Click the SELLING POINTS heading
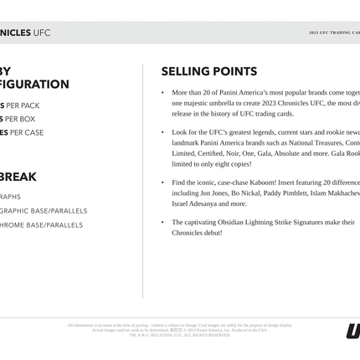tap(208, 72)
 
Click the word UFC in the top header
tap(42, 33)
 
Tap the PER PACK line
tap(21, 106)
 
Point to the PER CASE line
tap(23, 133)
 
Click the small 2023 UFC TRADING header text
tap(334, 33)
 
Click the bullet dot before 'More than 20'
tap(162, 93)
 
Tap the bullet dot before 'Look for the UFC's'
tap(162, 133)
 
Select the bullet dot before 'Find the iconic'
tap(162, 183)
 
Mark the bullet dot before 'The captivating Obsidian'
tap(162, 223)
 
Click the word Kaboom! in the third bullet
tap(260, 183)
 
